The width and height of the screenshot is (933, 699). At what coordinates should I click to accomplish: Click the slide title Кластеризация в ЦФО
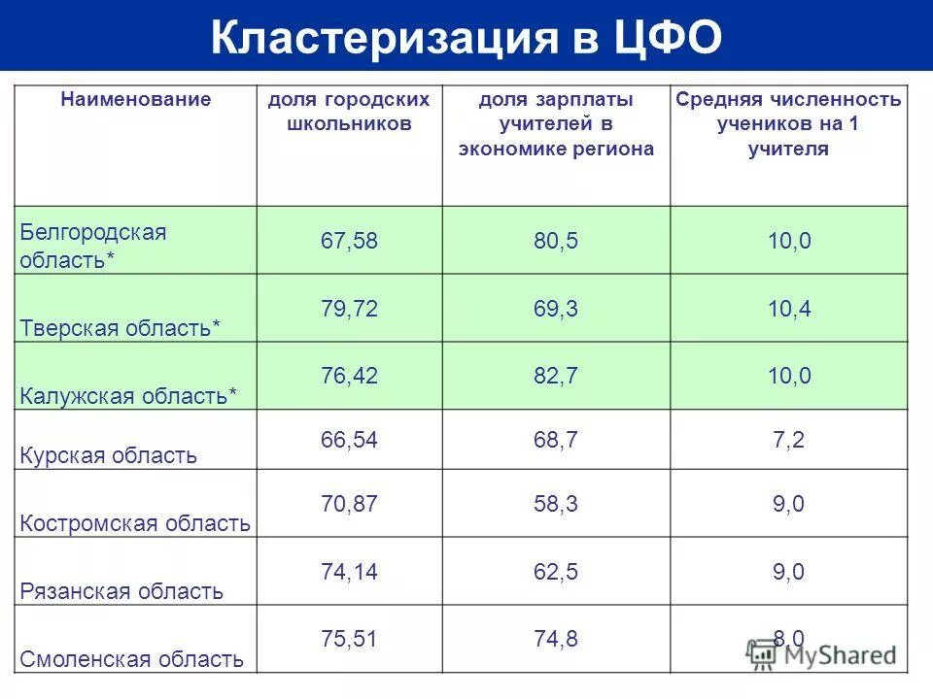click(466, 38)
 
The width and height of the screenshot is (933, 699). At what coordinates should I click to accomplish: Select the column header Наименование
click(136, 99)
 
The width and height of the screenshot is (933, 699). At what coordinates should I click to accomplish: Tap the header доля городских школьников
click(349, 112)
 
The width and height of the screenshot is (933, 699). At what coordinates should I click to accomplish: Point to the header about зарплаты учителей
click(556, 124)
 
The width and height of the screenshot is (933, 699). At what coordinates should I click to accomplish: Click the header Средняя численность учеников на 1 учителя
click(788, 124)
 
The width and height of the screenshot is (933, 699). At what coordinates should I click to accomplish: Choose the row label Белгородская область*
click(93, 247)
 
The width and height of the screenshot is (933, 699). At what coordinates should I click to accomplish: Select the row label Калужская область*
click(128, 396)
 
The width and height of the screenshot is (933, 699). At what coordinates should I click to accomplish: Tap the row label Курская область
click(109, 455)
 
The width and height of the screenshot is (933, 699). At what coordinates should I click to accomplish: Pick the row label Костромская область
click(135, 523)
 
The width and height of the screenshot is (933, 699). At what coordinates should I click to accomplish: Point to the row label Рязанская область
click(121, 591)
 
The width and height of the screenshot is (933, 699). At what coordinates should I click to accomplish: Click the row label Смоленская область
click(131, 660)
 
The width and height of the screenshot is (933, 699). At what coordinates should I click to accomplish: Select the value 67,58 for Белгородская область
click(349, 241)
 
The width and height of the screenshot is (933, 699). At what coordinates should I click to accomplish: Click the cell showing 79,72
click(349, 309)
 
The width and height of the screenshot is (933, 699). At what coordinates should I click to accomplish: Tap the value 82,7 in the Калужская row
click(556, 377)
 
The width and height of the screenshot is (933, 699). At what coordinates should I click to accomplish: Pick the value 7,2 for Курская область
click(788, 441)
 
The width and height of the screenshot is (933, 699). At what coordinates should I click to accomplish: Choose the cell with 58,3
click(556, 504)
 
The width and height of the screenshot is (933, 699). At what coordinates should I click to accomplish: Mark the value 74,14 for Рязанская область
click(349, 572)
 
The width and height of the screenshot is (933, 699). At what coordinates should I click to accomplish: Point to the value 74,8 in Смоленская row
click(556, 638)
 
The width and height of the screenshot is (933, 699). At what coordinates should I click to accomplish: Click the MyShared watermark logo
click(822, 654)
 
